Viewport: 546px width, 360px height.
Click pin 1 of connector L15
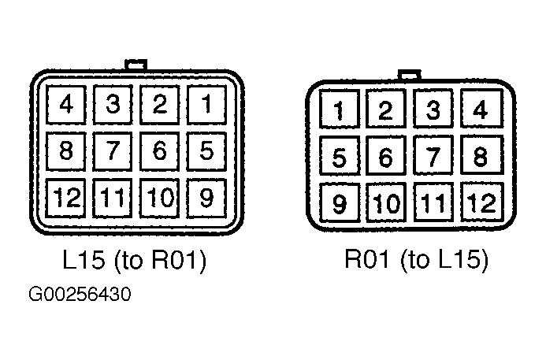(207, 105)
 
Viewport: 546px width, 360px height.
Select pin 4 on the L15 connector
(66, 105)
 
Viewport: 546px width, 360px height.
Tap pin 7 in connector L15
(113, 151)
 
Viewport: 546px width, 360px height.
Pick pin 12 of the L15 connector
(66, 198)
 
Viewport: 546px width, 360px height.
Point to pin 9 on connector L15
(207, 198)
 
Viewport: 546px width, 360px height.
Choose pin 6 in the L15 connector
(160, 151)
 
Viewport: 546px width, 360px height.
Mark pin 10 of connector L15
(160, 198)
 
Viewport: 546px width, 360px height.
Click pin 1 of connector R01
(340, 109)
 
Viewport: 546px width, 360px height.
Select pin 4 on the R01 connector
(482, 108)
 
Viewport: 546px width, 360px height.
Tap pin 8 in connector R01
(482, 155)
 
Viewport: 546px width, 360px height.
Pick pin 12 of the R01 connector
(482, 202)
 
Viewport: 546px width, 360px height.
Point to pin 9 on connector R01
(340, 202)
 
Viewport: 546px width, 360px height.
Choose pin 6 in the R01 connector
(386, 155)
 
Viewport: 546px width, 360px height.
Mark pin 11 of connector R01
(433, 202)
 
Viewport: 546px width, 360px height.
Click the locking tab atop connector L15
(136, 65)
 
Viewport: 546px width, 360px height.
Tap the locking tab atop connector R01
(410, 75)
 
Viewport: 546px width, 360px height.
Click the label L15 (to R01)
(135, 260)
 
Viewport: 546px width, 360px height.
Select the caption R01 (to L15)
(417, 259)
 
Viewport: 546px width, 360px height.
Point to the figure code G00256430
(80, 294)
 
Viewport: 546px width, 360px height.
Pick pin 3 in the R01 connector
(433, 109)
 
